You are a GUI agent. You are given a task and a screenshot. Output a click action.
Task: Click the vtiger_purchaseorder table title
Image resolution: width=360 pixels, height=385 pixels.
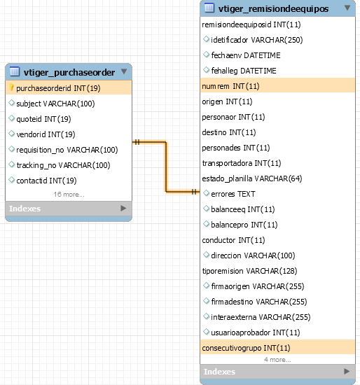(69, 72)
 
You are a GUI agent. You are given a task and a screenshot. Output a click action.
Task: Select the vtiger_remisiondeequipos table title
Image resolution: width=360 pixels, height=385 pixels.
(273, 9)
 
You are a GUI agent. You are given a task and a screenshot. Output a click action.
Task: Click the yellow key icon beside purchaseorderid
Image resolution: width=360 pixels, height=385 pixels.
(11, 87)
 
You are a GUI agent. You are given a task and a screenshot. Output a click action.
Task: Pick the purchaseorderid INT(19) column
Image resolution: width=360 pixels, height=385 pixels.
(58, 88)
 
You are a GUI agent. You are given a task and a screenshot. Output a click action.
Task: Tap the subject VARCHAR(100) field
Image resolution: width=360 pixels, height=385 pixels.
(55, 104)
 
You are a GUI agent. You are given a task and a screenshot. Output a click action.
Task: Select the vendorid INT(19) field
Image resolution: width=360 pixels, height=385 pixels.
(46, 134)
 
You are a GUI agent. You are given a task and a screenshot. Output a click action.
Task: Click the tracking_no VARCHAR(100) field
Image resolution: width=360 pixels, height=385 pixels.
(63, 165)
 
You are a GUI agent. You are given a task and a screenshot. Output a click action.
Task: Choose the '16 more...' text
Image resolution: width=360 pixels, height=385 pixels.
(69, 195)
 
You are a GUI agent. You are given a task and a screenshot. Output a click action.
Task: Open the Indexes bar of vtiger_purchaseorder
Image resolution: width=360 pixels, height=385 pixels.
(69, 209)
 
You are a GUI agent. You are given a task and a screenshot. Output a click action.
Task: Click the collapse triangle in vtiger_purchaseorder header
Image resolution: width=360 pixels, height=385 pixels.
(124, 71)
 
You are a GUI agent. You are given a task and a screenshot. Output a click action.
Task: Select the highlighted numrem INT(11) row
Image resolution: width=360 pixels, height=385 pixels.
(277, 86)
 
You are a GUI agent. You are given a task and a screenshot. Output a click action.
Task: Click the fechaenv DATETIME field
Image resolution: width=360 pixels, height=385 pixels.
(246, 55)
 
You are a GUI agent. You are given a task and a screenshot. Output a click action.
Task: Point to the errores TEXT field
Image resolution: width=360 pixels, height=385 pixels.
(233, 194)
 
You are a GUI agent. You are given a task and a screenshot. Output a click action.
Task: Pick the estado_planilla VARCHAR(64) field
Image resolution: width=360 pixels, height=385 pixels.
(252, 178)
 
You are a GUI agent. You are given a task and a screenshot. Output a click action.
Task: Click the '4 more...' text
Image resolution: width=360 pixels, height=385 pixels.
(277, 360)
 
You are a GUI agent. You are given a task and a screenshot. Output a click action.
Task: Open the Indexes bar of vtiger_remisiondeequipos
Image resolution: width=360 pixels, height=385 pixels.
(277, 372)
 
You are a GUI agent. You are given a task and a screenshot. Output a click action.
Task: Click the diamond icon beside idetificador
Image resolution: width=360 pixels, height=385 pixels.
(206, 39)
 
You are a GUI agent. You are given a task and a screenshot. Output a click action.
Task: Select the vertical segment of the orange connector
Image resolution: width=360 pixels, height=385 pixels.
(166, 167)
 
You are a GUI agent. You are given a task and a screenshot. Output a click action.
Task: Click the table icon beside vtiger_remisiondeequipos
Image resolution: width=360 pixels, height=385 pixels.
(209, 8)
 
